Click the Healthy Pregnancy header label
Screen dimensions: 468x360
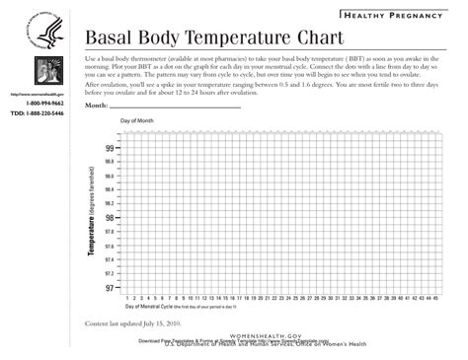399,16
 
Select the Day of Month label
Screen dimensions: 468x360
138,121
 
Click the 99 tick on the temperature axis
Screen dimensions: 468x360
110,148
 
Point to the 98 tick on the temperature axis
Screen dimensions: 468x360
110,218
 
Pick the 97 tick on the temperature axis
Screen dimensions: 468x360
110,289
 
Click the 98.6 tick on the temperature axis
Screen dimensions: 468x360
109,177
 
